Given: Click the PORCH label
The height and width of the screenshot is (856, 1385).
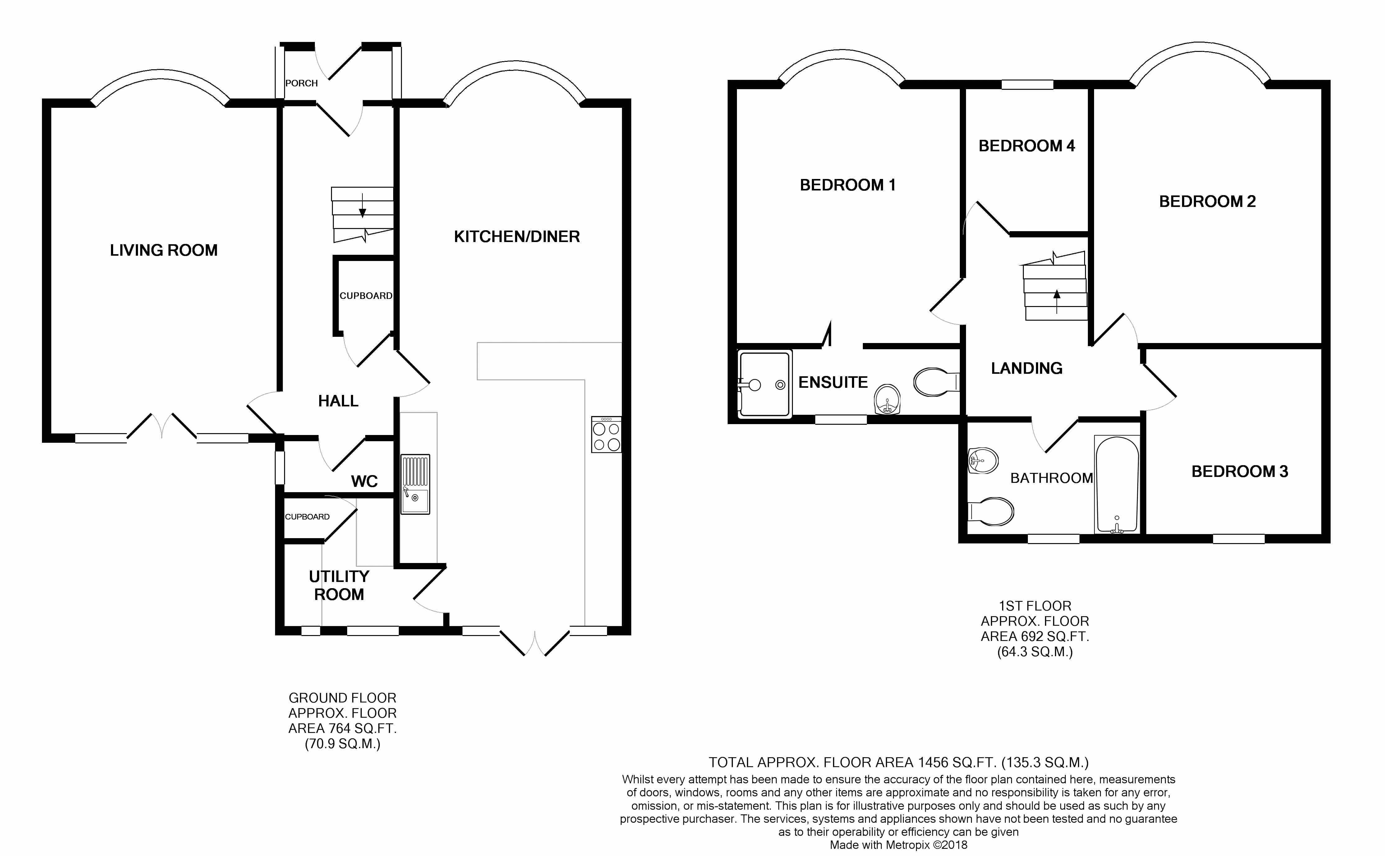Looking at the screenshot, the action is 301,83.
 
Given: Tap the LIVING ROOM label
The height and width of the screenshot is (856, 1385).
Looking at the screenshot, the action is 163,250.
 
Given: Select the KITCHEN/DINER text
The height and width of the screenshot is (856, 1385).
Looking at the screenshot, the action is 517,237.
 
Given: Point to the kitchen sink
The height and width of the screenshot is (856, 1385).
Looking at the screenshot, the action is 415,485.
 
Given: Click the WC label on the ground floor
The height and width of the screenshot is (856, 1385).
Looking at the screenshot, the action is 364,481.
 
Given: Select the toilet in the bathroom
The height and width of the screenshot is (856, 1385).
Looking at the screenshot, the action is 991,511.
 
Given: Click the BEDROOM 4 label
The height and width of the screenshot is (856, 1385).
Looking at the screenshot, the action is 1027,146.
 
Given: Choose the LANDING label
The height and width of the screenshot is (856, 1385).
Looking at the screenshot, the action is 1027,368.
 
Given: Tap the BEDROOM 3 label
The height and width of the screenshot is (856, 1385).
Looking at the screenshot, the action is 1240,472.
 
